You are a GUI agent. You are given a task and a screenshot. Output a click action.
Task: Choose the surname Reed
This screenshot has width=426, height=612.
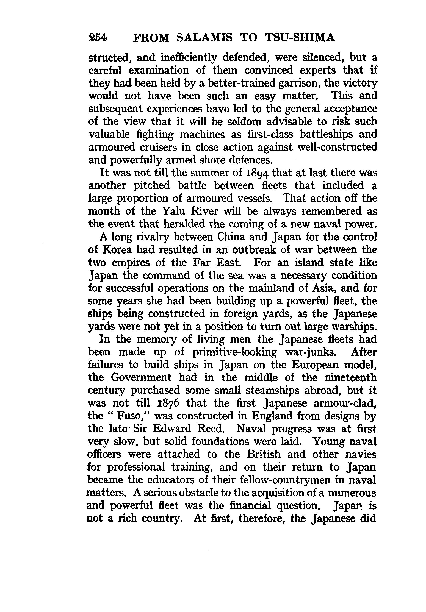(x=216, y=429)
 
